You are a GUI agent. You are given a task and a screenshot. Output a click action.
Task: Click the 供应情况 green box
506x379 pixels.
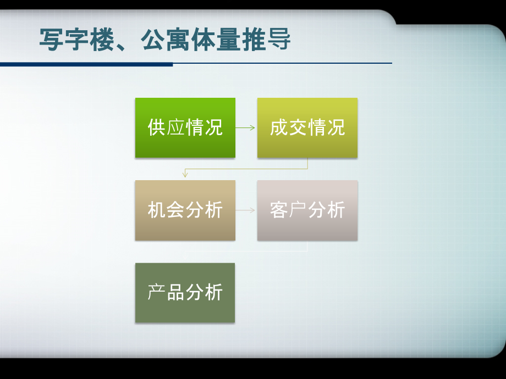click(x=185, y=127)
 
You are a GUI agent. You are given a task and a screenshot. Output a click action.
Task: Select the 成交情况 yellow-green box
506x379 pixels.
click(x=307, y=127)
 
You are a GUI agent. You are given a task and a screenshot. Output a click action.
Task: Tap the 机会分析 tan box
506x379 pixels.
click(x=185, y=210)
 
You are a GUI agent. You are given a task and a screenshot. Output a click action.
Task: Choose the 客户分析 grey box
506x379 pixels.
click(x=307, y=210)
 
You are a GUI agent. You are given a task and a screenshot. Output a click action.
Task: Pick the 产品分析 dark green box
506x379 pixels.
click(x=185, y=293)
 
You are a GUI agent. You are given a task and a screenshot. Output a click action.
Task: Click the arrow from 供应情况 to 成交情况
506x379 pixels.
click(x=245, y=127)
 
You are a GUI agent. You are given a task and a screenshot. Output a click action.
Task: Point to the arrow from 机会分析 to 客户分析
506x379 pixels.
click(x=245, y=210)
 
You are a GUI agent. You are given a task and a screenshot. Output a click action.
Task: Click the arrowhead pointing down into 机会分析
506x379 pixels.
click(x=185, y=175)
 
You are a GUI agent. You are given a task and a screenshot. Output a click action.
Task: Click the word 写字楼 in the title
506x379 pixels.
click(x=77, y=40)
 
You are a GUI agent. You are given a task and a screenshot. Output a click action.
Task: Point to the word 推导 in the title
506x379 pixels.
click(x=266, y=40)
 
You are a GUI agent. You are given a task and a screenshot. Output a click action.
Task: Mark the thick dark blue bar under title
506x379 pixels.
click(x=86, y=64)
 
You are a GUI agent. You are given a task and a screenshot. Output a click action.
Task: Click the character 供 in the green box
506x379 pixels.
click(x=157, y=127)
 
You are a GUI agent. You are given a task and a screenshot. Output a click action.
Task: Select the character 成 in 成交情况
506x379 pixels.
click(x=279, y=127)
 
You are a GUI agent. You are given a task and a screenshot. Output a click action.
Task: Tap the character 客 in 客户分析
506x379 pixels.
click(x=279, y=210)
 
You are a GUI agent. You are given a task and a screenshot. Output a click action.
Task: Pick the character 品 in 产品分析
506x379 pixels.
click(x=175, y=292)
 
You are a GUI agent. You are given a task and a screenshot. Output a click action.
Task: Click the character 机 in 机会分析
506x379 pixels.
click(x=157, y=210)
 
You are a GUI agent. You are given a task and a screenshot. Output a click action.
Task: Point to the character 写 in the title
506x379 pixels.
click(x=51, y=40)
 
